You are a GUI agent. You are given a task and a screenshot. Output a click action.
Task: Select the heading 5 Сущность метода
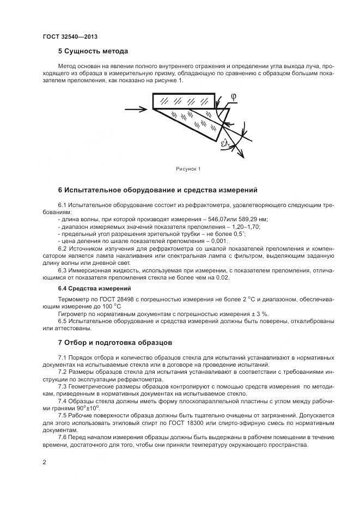93,51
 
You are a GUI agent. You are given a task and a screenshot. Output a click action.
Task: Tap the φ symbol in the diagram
233,96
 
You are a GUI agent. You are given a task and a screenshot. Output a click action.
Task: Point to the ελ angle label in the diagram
225,144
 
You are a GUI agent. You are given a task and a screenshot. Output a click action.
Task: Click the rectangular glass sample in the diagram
183,100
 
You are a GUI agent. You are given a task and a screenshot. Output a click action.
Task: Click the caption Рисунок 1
188,169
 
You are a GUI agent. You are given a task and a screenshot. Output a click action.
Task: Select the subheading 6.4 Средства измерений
94,288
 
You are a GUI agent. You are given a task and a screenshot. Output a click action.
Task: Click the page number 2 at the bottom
44,462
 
